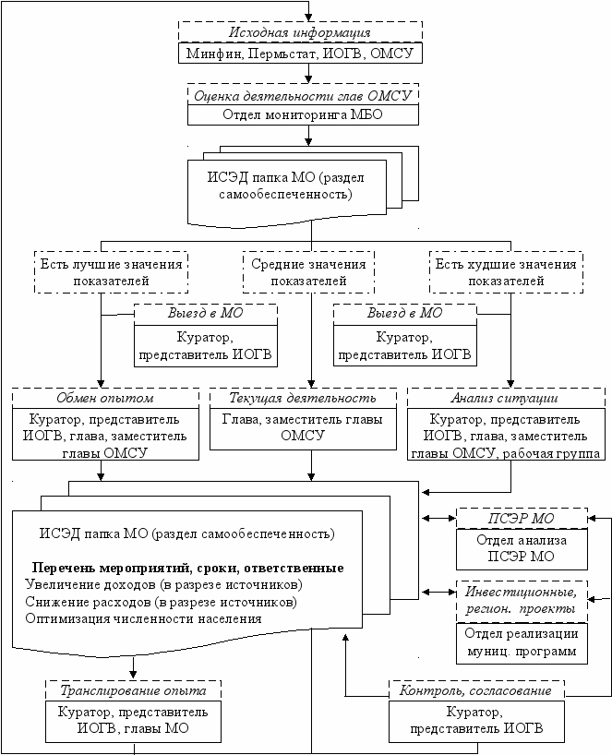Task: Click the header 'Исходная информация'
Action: pyautogui.click(x=300, y=32)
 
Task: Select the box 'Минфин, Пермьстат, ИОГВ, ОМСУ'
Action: pyautogui.click(x=300, y=53)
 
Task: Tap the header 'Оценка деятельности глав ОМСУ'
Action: pyautogui.click(x=303, y=95)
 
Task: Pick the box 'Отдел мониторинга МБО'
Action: pyautogui.click(x=303, y=115)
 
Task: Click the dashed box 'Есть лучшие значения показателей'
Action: pyautogui.click(x=111, y=272)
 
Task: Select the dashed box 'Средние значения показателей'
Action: pyautogui.click(x=308, y=272)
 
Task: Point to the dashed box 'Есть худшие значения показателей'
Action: pyautogui.click(x=506, y=272)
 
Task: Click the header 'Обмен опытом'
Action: pyautogui.click(x=105, y=398)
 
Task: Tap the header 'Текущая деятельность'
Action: pyautogui.click(x=303, y=398)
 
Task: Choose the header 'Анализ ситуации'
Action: pyautogui.click(x=506, y=398)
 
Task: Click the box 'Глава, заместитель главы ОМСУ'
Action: pyautogui.click(x=303, y=429)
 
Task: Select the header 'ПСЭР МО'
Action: pyautogui.click(x=522, y=519)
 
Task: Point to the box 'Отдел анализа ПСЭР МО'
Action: pyautogui.click(x=522, y=549)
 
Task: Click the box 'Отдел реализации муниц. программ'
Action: pyautogui.click(x=522, y=643)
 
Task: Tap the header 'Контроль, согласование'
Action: pyautogui.click(x=476, y=691)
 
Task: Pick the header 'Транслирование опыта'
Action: pyautogui.click(x=133, y=691)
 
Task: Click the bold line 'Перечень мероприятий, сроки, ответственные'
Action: pyautogui.click(x=187, y=569)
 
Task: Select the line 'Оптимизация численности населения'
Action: pyautogui.click(x=143, y=618)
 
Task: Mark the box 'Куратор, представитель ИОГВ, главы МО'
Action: pyautogui.click(x=133, y=721)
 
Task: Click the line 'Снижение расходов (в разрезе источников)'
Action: pyautogui.click(x=161, y=602)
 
